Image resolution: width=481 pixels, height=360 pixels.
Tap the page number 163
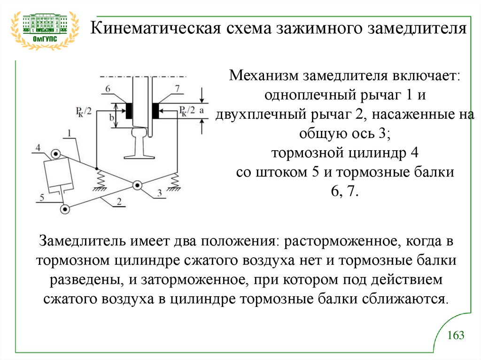point(456,335)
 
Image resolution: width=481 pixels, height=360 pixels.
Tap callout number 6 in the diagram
point(109,88)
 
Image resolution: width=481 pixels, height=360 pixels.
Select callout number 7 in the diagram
point(176,88)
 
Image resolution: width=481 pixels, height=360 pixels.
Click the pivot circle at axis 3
point(137,185)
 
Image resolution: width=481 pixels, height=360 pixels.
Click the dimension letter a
point(202,110)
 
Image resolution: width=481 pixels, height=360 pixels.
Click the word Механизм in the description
point(264,75)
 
